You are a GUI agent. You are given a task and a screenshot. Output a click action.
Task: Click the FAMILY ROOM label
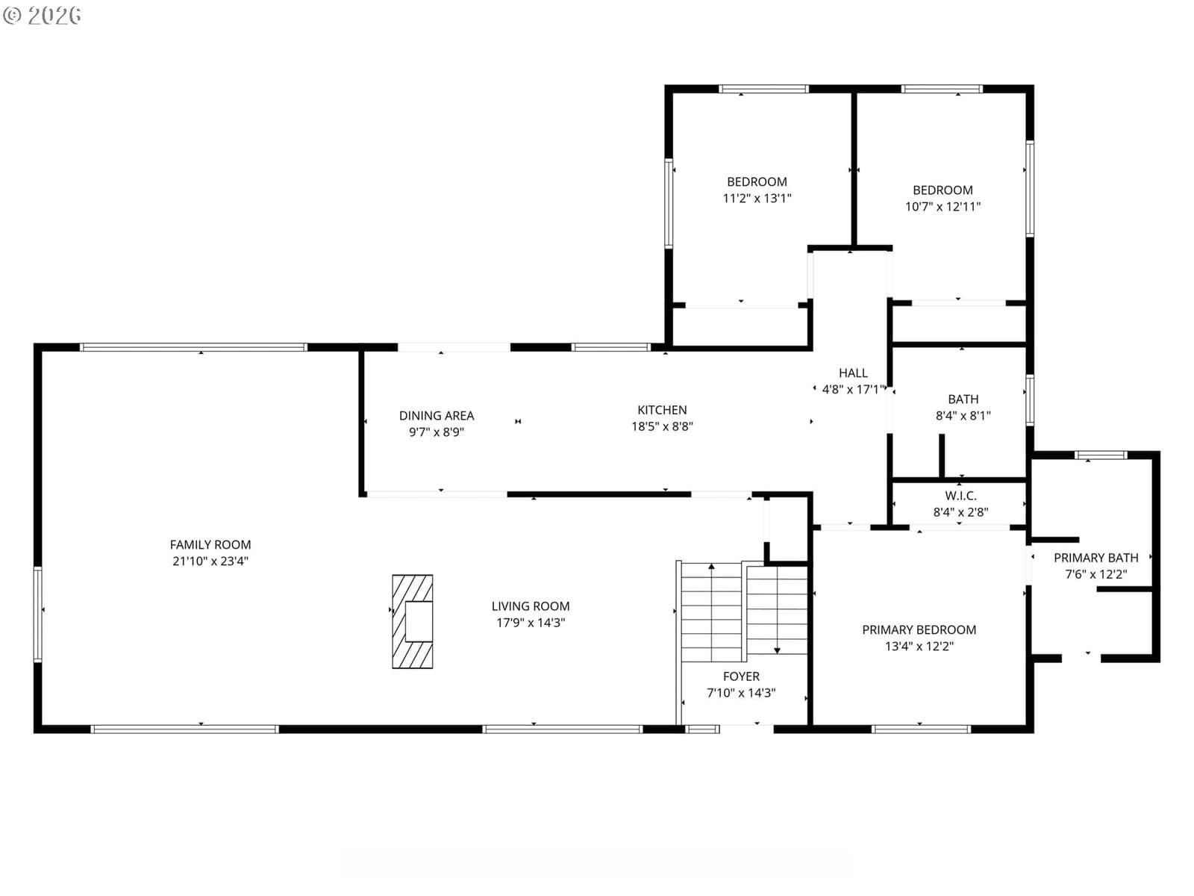coord(210,544)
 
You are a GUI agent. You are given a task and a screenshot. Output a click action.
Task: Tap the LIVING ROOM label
coord(531,606)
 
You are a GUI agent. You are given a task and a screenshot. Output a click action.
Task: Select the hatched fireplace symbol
coord(413,621)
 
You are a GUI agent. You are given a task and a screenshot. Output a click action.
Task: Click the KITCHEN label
coord(662,410)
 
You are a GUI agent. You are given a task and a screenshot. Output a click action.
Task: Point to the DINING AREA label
coord(437,416)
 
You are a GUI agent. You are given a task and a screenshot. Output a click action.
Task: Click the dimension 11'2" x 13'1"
coord(757,198)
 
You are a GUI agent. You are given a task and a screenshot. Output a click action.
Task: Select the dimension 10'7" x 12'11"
coord(943,207)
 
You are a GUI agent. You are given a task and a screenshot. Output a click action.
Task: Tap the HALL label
coord(853,373)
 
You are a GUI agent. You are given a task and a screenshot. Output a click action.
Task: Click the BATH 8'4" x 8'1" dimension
coord(963,416)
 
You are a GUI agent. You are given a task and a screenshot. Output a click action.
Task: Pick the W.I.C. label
coord(960,496)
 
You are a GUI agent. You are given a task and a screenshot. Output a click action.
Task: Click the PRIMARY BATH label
coord(1096,558)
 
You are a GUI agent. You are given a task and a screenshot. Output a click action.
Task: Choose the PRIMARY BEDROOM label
coord(919,629)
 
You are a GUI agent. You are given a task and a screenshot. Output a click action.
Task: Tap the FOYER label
coord(741,676)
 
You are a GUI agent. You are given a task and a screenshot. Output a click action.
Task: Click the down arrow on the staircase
coord(777,609)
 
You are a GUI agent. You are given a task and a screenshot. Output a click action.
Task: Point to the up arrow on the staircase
coord(711,612)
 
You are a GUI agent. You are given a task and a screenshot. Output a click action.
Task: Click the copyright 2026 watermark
coord(42,15)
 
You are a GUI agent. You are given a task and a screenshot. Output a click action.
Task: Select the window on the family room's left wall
coord(37,615)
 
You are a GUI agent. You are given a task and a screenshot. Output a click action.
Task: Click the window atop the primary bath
coord(1101,455)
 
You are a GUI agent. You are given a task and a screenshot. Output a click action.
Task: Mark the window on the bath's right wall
coord(1029,400)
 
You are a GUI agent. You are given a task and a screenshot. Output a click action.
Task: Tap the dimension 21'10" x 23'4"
coord(210,561)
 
